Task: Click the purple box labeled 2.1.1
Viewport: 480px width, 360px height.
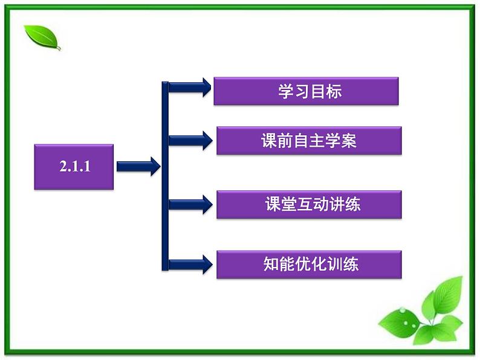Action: coord(74,167)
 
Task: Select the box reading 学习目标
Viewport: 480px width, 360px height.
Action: coord(306,91)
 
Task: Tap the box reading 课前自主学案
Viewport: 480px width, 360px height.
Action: coord(308,141)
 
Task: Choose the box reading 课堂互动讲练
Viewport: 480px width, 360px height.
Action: coord(308,204)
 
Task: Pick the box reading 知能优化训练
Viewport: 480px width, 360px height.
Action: coord(308,264)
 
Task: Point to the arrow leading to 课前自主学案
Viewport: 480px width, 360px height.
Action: coord(190,141)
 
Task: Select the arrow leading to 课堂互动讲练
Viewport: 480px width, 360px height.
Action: coord(190,204)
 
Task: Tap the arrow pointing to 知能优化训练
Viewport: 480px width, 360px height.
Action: coord(190,264)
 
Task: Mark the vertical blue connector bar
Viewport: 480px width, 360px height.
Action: coord(164,175)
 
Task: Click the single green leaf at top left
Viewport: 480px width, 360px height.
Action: coord(42,37)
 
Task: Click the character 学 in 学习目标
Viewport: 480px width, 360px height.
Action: coord(286,91)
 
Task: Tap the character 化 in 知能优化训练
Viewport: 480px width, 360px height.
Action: coord(319,264)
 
